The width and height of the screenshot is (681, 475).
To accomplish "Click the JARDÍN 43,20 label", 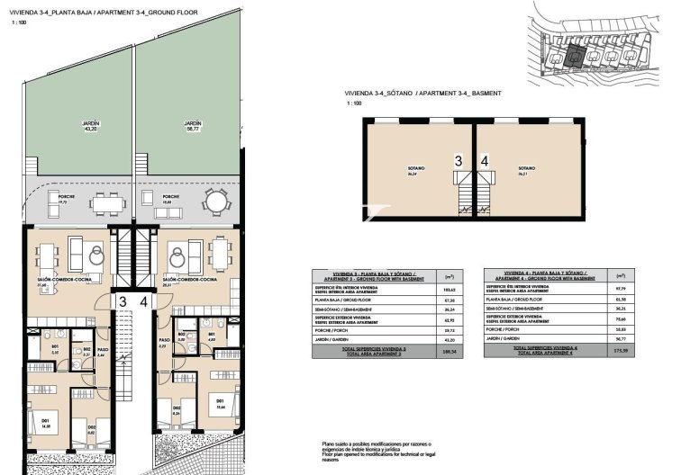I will point(89,126).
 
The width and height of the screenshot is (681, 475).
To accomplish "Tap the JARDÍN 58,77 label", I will point(192,126).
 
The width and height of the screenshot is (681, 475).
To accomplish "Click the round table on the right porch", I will point(213,202).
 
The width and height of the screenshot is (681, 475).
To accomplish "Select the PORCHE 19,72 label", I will point(66,200).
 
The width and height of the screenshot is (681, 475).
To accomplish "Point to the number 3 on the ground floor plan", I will point(121,302).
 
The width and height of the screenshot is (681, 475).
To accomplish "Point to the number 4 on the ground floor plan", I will point(146,302).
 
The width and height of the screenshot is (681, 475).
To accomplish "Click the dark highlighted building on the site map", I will point(577,55).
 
